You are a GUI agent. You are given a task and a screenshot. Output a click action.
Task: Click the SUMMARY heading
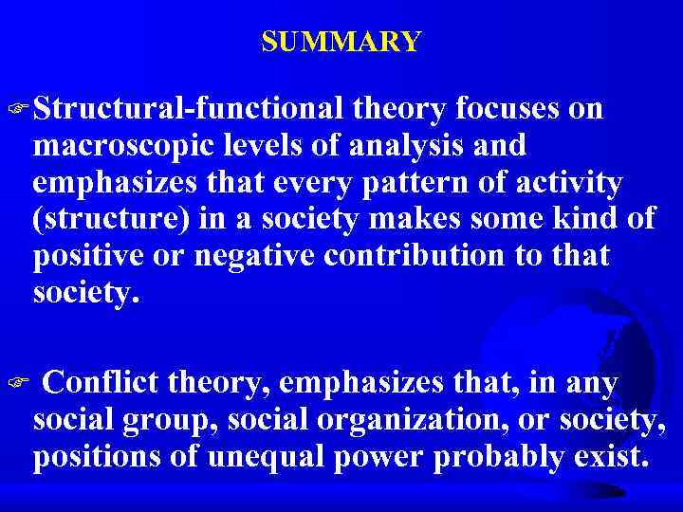[x=341, y=43]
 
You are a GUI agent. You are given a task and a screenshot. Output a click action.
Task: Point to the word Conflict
[x=102, y=383]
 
